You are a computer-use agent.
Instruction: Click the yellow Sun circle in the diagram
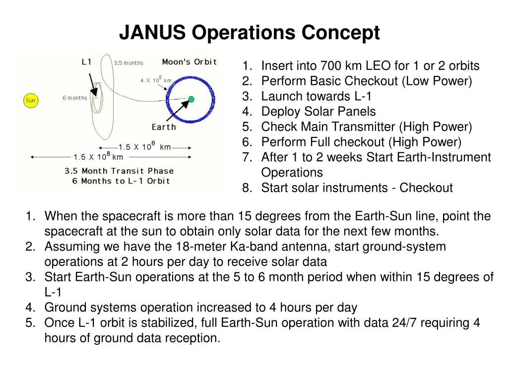31,101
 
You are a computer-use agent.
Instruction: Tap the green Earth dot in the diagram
191,99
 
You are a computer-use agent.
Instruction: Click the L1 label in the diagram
86,62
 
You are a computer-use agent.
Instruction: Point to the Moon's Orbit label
190,62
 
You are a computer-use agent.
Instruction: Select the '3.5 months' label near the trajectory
128,63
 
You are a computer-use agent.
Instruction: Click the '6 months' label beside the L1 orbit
74,98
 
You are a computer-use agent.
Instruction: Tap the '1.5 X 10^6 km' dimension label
144,147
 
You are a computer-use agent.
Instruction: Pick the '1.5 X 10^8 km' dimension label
98,157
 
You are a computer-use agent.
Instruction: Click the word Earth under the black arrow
164,127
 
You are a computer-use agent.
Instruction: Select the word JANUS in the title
153,33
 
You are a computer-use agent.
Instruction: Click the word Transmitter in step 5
370,127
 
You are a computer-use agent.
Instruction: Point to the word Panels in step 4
356,112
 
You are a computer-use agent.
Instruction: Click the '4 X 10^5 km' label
156,80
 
